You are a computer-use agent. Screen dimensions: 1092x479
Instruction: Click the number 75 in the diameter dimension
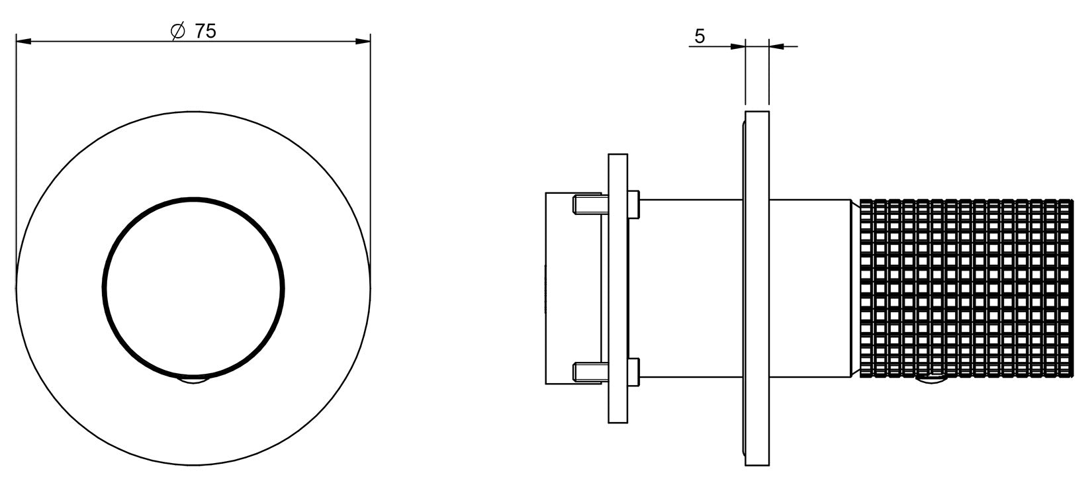(205, 32)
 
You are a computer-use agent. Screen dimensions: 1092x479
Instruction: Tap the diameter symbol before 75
(178, 32)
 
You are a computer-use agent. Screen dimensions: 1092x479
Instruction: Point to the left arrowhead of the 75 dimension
(23, 42)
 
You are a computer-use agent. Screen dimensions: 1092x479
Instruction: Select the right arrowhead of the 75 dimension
(363, 42)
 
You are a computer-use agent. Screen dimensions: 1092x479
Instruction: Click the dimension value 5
(700, 36)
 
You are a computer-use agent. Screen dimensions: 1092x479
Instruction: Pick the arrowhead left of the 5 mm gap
(737, 47)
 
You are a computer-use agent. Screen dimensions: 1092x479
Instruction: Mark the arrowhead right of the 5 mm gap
(776, 47)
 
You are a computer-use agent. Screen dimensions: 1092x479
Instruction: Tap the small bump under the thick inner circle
(193, 380)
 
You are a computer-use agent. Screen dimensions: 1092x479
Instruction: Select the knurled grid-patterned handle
(966, 288)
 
